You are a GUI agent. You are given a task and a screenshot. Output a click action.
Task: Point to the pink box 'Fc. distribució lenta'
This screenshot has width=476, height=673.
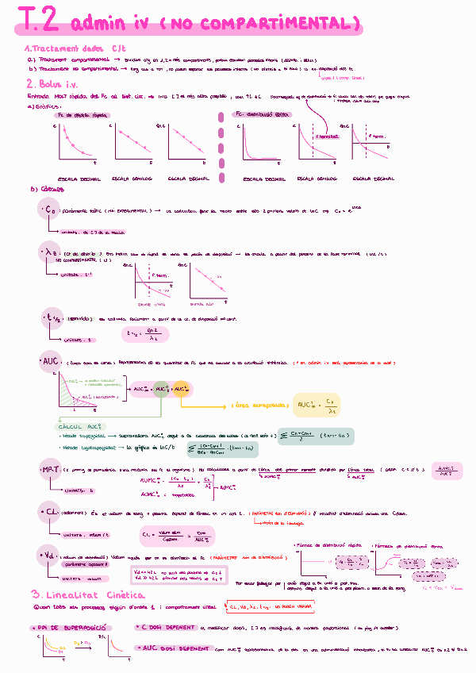pyautogui.click(x=263, y=114)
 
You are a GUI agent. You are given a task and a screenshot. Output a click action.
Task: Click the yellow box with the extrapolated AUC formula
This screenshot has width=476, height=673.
pyautogui.click(x=317, y=405)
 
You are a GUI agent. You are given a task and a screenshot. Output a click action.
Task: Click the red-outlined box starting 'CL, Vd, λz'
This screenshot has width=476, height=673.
pyautogui.click(x=269, y=608)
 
